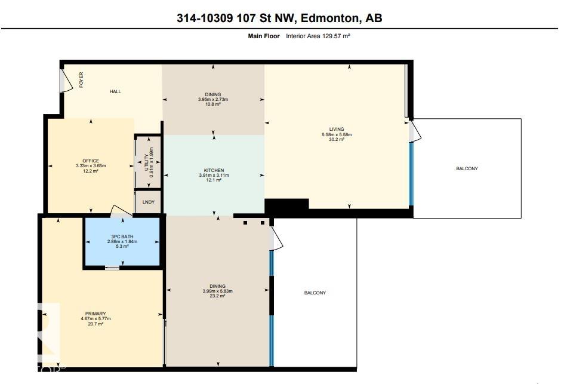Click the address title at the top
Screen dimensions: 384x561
(279, 18)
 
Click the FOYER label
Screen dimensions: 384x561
(81, 80)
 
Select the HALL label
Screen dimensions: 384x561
(115, 91)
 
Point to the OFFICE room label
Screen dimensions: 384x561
(91, 160)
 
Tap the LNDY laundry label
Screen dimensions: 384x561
(148, 202)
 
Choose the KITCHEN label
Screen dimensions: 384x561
(214, 170)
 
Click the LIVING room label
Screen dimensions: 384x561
(337, 129)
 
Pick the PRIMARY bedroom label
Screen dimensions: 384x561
(95, 314)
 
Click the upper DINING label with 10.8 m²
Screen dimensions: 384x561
(213, 94)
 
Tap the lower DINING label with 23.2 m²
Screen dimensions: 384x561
(218, 286)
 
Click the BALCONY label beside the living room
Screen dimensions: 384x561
(467, 168)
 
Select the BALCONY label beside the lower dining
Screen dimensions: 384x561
(315, 293)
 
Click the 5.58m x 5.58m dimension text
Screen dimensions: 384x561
(337, 134)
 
